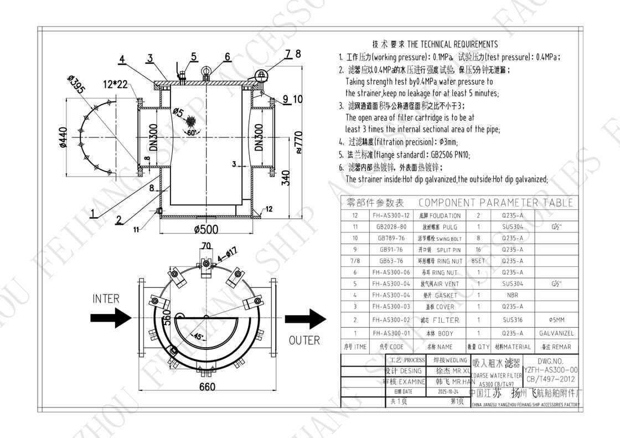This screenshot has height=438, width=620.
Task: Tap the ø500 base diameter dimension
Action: coord(205,229)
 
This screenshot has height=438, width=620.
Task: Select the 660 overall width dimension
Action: coord(207,387)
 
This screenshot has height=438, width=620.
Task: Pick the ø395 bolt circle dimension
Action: coord(78,85)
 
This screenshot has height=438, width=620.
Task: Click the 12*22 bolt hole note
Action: coord(115,84)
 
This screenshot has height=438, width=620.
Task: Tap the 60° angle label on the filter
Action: coord(190,132)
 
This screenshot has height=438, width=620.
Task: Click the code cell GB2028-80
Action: coord(391,226)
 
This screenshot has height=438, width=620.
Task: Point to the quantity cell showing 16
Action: coord(479,249)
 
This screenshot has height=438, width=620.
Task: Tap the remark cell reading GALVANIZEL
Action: coord(556,333)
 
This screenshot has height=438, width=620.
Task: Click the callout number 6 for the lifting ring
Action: coord(228,56)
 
